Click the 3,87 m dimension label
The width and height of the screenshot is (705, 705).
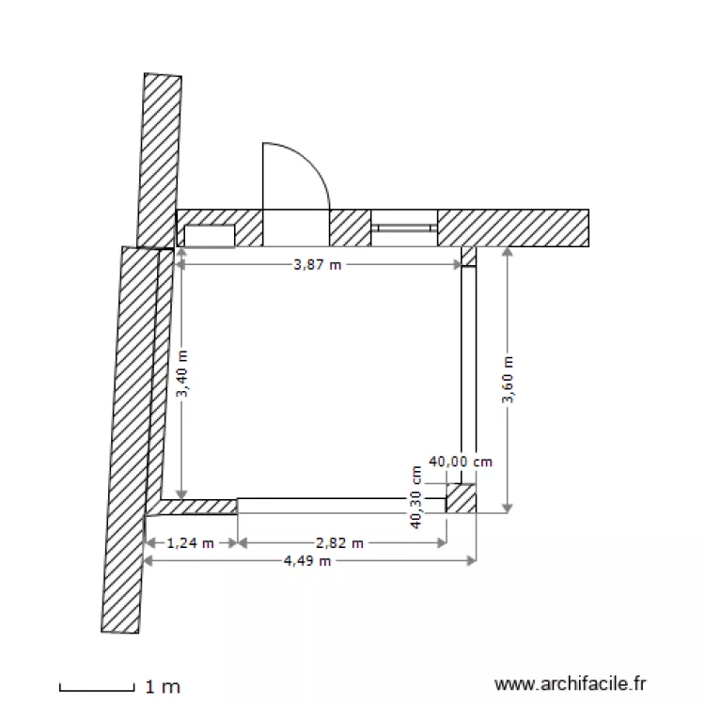318,265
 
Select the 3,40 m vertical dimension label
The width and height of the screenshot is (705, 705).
182,374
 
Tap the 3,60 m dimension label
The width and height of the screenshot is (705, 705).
508,380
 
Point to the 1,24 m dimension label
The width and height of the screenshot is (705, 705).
191,542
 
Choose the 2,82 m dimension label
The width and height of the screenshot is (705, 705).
340,542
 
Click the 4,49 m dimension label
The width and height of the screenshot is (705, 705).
308,561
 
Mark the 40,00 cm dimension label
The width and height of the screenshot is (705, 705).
461,462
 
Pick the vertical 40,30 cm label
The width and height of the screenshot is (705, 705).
415,497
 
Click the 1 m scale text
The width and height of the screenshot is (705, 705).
162,687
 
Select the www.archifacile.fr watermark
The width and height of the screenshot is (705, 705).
571,685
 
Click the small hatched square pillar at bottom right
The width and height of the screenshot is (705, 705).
461,498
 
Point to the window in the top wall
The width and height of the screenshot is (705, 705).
403,227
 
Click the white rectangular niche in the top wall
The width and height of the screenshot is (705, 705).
209,235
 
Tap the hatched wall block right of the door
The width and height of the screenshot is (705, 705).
349,227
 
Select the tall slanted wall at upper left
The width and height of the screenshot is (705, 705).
159,160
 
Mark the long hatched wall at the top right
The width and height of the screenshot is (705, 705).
512,227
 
